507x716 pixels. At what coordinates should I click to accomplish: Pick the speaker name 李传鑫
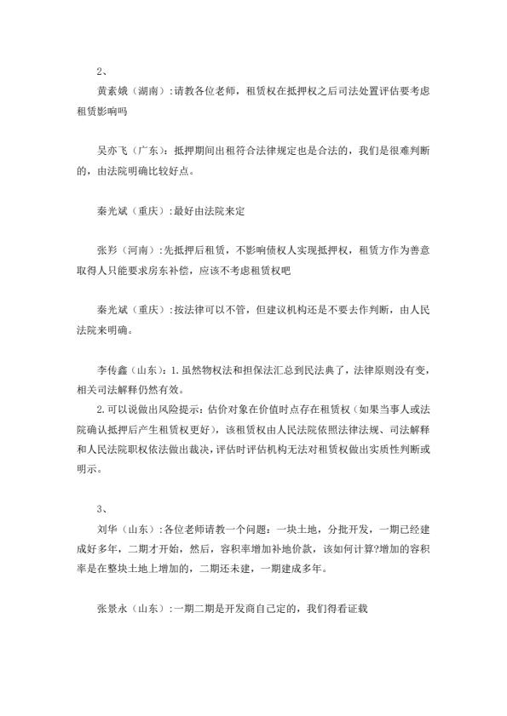click(112, 368)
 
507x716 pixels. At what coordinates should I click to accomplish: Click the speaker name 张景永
click(112, 610)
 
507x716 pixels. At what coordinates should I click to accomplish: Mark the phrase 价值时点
click(267, 409)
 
